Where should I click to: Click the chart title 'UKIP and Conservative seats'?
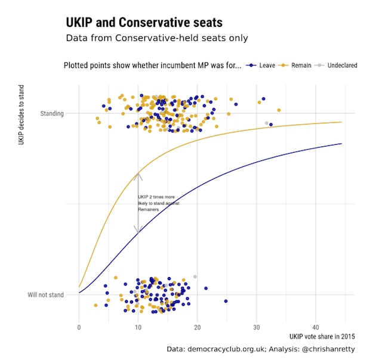point(144,23)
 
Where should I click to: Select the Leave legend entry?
point(263,65)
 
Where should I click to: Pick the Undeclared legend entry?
point(337,65)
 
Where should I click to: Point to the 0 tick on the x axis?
point(79,327)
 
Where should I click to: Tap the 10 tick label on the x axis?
point(138,327)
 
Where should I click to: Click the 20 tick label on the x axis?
point(197,327)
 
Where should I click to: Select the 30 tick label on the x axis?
point(256,327)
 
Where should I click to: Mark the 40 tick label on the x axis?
point(315,327)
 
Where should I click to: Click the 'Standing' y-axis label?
point(52,113)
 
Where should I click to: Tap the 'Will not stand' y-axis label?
point(46,294)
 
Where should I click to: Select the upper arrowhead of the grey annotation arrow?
point(138,175)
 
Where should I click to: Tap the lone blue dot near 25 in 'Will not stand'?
point(226,301)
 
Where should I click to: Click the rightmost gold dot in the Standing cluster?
point(279,110)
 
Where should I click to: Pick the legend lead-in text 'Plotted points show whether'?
point(153,65)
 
